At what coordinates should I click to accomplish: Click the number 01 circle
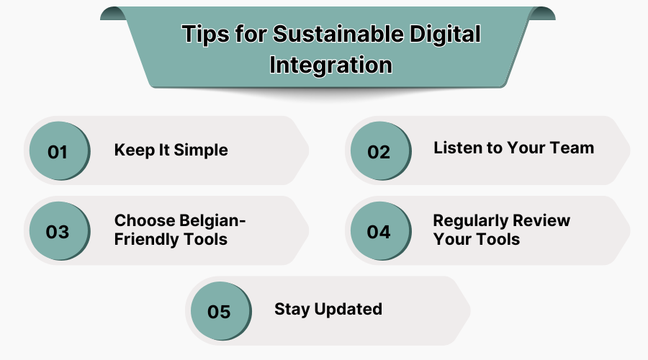(58, 152)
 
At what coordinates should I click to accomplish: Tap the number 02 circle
(379, 152)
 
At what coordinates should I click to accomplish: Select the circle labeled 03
(58, 232)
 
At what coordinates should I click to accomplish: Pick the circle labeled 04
(379, 232)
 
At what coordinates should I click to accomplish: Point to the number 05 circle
(219, 312)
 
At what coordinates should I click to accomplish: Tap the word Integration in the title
(330, 65)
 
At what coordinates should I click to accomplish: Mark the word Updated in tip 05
(348, 309)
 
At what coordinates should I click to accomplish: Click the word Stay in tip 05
(290, 309)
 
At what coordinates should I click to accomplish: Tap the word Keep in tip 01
(133, 150)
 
